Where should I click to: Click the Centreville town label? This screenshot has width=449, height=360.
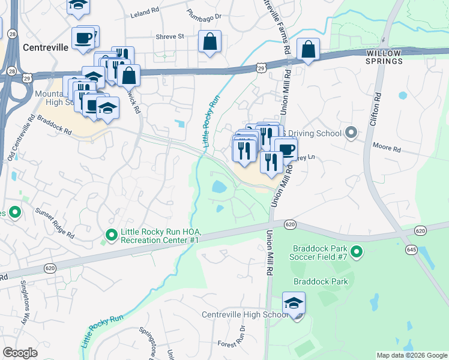(x=43, y=46)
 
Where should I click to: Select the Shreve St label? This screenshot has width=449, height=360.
(x=170, y=37)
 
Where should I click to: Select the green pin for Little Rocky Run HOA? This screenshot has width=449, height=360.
(x=111, y=235)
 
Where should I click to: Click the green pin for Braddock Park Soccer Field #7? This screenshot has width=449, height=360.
(x=357, y=252)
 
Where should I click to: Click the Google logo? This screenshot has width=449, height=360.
(x=20, y=353)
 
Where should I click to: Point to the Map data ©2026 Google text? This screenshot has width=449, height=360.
(x=411, y=355)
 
